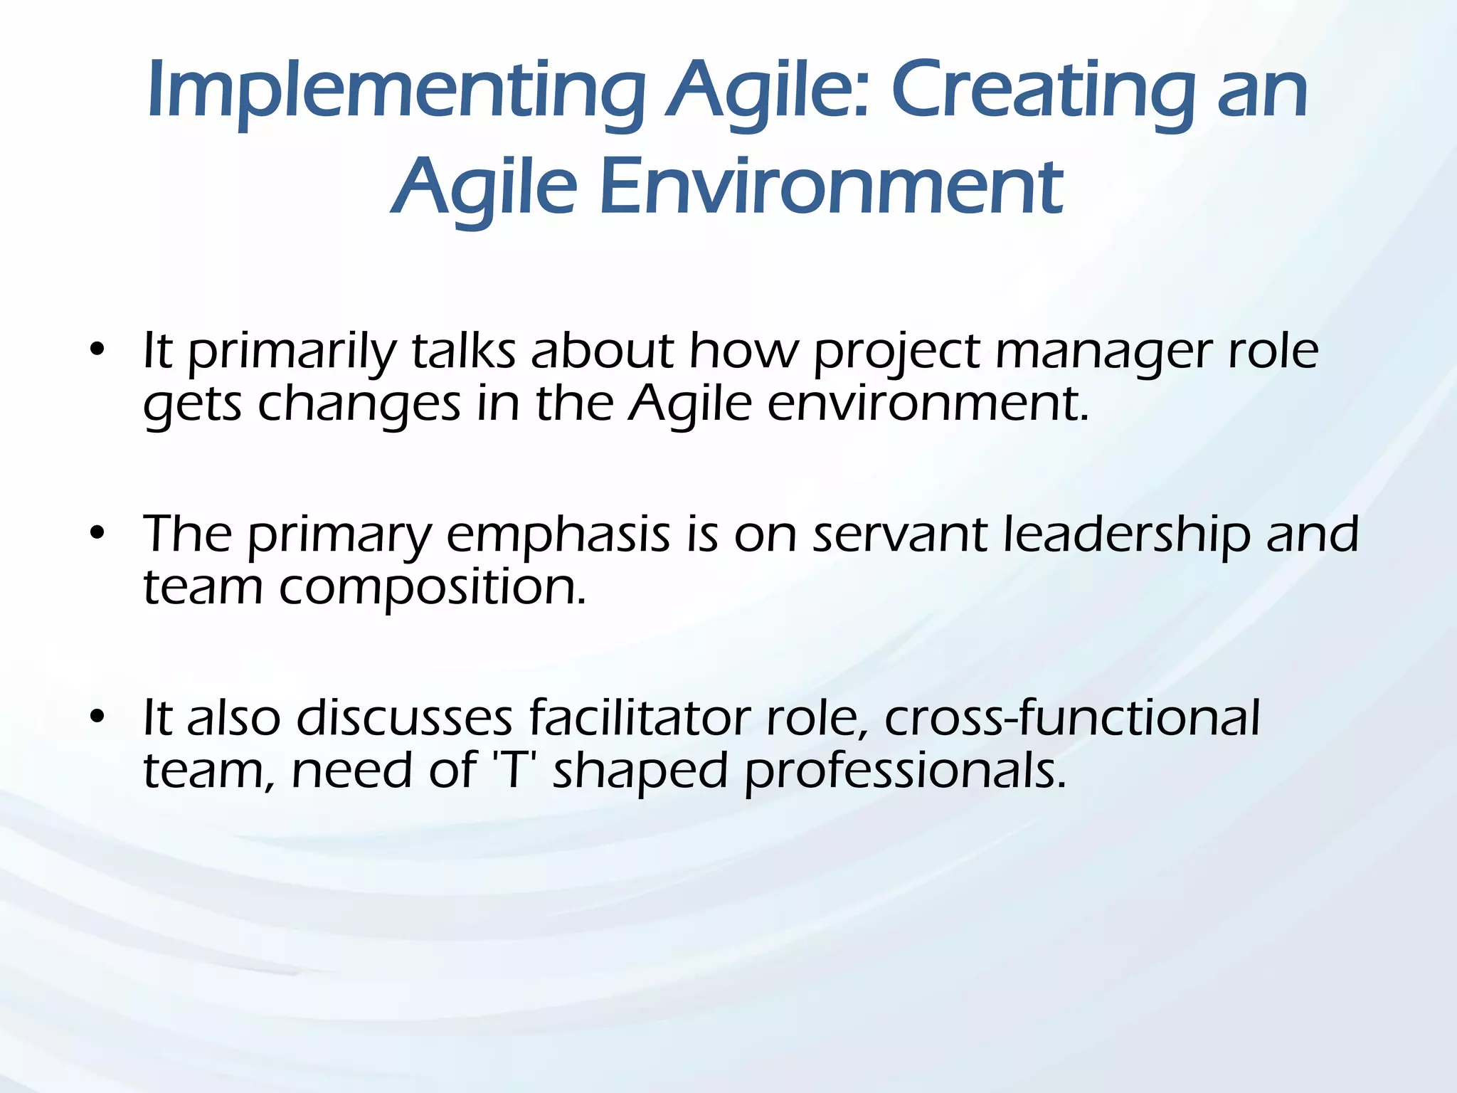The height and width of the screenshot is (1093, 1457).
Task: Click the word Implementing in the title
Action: pos(396,93)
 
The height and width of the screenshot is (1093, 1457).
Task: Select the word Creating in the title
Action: pos(1043,93)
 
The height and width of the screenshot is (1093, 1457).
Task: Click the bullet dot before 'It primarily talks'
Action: pos(97,350)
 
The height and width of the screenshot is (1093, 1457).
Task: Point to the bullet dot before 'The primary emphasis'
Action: pos(97,533)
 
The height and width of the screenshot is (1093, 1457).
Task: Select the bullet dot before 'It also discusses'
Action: pos(97,717)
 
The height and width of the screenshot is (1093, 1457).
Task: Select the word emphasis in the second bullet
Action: pos(558,536)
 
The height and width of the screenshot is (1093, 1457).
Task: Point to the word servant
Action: pos(899,536)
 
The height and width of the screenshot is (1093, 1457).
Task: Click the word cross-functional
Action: pos(1071,718)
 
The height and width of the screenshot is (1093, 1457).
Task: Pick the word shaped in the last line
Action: pos(640,773)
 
